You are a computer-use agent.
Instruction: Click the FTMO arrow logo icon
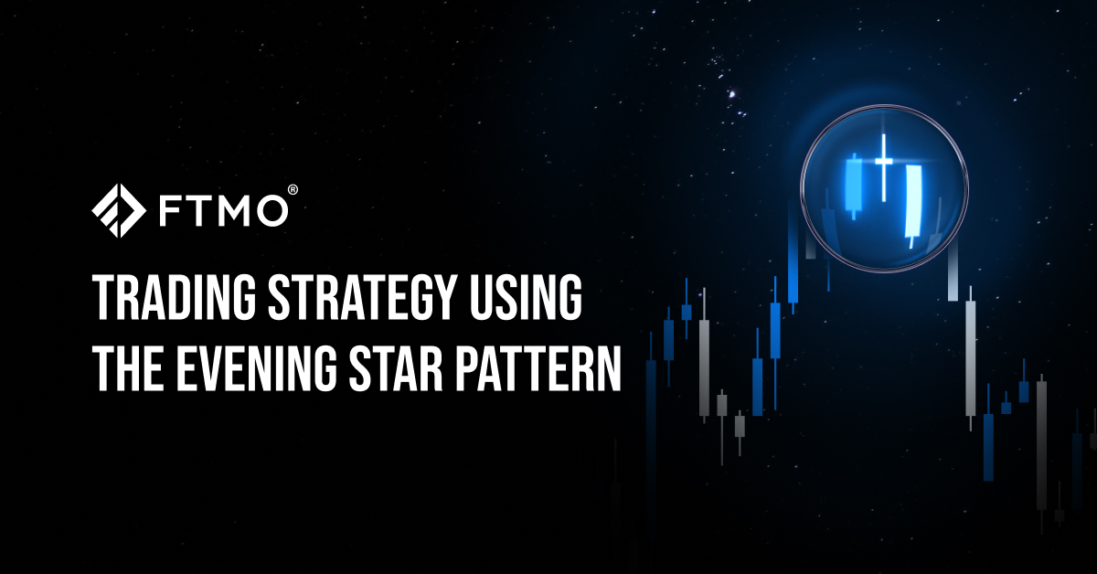[118, 210]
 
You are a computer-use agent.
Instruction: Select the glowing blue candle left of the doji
[855, 186]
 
